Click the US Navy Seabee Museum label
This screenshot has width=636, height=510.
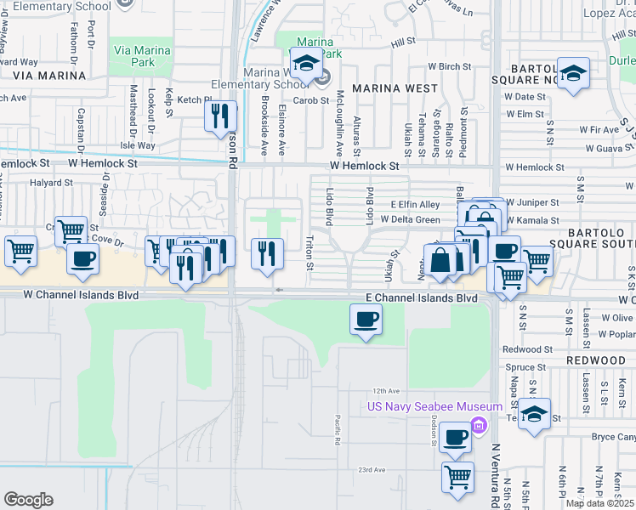(422, 407)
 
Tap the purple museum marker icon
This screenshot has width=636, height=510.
(479, 425)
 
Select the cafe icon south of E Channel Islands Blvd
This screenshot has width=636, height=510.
(366, 320)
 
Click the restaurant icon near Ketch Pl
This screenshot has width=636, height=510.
(221, 115)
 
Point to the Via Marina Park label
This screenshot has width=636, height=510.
(141, 56)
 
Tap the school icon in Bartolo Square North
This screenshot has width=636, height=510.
(573, 72)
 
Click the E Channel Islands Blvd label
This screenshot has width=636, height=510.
(421, 298)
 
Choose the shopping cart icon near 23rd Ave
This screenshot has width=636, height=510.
(457, 477)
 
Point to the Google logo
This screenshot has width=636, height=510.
(28, 500)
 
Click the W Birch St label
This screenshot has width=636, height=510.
(449, 65)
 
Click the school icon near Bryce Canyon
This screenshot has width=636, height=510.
(534, 414)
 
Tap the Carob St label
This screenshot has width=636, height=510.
(311, 100)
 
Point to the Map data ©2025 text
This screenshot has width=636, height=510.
(599, 503)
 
